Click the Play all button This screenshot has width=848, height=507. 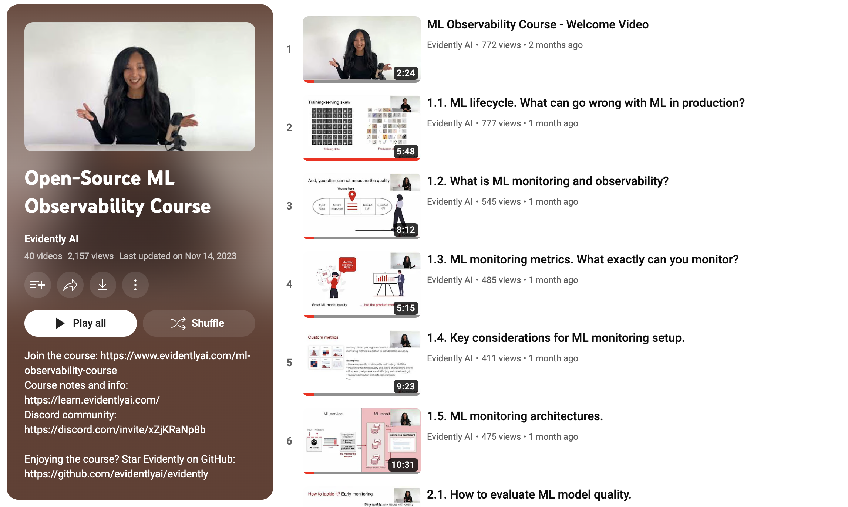tap(80, 323)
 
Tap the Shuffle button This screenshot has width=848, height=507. tap(199, 323)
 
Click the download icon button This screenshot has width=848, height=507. tap(102, 285)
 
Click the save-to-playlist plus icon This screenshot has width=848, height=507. tap(37, 285)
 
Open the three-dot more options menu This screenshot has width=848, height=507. tap(135, 285)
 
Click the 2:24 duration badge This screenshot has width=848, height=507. tap(405, 73)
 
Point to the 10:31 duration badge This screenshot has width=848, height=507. tap(403, 465)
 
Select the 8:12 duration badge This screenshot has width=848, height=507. tap(405, 229)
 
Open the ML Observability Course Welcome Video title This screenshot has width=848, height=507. tap(537, 24)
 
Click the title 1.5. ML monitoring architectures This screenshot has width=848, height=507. tap(515, 416)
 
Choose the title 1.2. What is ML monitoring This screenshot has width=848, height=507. tap(547, 181)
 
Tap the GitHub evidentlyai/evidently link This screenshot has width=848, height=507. tap(116, 474)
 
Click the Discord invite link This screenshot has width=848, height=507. tap(115, 429)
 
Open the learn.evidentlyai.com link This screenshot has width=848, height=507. tap(92, 400)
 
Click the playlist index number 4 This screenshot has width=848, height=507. tap(289, 284)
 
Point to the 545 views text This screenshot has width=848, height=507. tap(501, 202)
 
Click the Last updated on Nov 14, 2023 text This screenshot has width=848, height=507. tap(178, 256)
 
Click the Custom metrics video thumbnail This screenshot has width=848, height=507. tap(361, 362)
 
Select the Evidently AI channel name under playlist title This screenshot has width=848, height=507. tap(51, 239)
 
